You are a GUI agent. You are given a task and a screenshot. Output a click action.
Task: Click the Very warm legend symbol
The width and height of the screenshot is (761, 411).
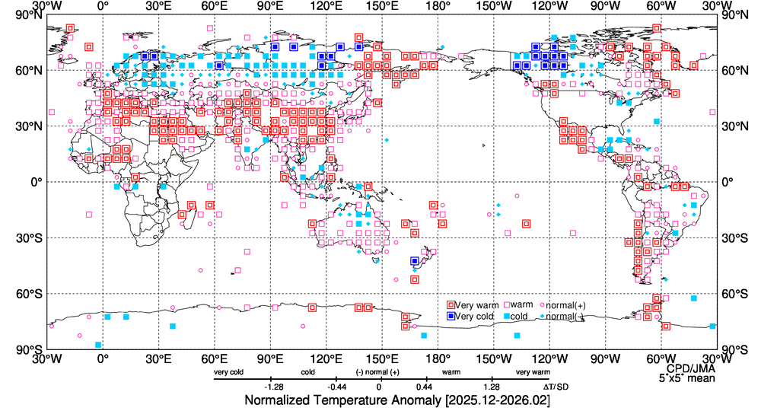pos(451,305)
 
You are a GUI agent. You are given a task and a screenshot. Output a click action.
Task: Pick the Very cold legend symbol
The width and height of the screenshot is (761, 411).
pos(451,316)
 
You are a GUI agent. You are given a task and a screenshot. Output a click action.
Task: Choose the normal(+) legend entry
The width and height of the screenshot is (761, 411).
pos(561,305)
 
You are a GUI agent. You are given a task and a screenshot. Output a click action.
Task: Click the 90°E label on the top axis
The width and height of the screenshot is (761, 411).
pos(270,7)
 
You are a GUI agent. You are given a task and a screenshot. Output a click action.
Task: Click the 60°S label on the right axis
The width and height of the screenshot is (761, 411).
pos(732,294)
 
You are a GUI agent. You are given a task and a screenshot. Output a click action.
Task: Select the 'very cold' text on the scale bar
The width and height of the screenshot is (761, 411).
pos(228,373)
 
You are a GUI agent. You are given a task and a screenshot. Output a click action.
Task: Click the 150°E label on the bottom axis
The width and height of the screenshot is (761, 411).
pos(382,358)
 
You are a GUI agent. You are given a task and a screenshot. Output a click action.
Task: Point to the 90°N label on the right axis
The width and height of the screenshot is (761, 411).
pos(732,14)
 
